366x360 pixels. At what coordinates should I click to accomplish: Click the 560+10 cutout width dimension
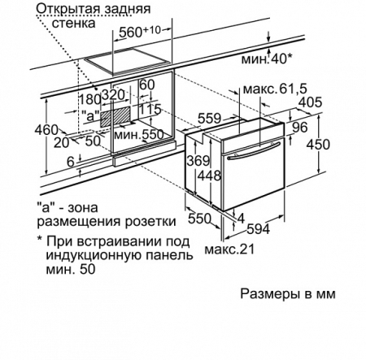(144, 33)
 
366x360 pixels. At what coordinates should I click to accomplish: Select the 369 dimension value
(196, 162)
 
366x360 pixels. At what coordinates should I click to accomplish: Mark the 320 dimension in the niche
(124, 94)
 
